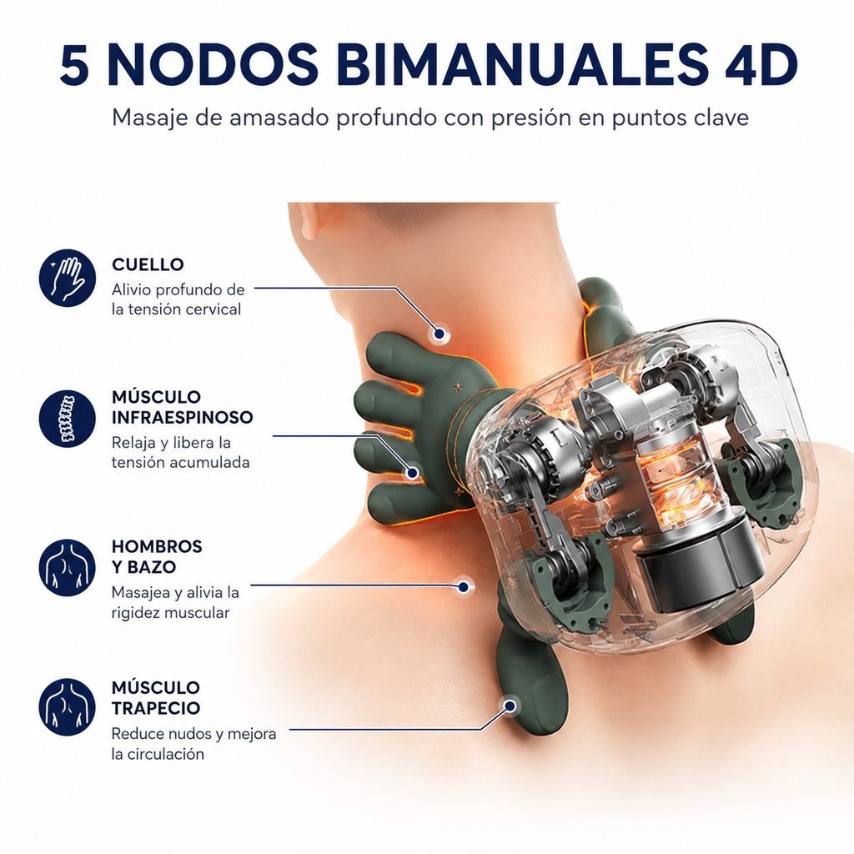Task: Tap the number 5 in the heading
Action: tap(74, 65)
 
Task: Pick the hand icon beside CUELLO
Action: tap(68, 278)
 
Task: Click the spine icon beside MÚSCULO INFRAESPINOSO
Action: tap(68, 419)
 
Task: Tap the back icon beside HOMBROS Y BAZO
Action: tap(68, 568)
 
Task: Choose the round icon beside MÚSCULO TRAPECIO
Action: tap(68, 707)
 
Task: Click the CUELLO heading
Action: tap(148, 264)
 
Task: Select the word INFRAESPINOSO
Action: tap(183, 418)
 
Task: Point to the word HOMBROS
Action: tap(157, 546)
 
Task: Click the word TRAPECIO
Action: tap(156, 708)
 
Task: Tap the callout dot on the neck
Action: tap(439, 334)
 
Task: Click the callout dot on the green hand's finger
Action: tap(413, 472)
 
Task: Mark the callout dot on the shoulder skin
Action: tap(464, 586)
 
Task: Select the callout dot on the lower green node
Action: tap(510, 706)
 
